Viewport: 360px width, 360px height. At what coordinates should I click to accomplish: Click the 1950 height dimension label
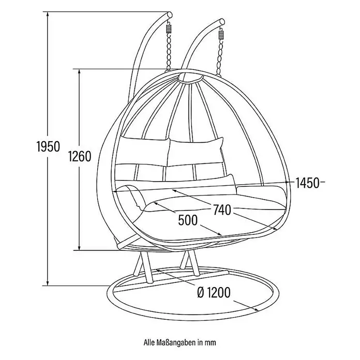pos(49,146)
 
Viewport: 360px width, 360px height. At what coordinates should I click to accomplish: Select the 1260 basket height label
pos(80,156)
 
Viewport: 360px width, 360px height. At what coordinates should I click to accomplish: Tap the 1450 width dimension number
pos(307,183)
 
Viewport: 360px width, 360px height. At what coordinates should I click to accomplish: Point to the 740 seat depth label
pos(222,209)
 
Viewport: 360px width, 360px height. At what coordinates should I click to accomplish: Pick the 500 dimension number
pos(188,220)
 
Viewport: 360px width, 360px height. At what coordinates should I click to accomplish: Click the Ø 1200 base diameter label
pos(214,292)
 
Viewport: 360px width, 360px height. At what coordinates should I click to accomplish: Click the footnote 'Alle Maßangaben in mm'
pos(180,342)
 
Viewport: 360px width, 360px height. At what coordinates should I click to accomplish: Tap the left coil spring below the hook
pos(169,29)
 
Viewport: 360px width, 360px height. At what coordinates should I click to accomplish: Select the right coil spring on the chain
pos(221,35)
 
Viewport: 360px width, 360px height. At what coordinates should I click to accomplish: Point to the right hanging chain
pos(220,58)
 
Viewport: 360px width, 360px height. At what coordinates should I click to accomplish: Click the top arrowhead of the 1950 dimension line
pos(48,14)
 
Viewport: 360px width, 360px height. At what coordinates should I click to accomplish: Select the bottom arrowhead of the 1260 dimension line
pos(80,247)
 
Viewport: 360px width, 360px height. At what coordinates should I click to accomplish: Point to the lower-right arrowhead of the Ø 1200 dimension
pos(256,309)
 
